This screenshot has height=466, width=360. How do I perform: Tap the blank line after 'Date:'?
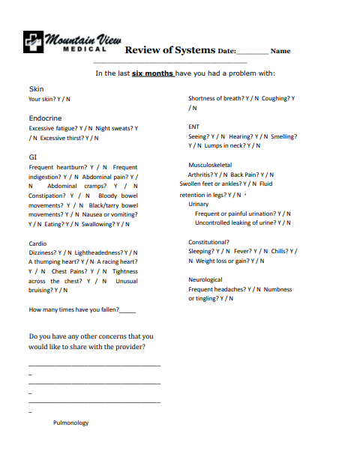251,52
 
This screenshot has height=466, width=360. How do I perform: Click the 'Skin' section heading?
35,88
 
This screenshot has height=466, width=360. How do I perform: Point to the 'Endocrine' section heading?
45,118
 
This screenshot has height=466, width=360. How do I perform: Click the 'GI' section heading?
32,157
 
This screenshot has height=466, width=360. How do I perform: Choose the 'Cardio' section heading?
37,243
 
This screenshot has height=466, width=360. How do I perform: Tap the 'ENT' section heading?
193,127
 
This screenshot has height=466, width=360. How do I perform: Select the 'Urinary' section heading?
199,204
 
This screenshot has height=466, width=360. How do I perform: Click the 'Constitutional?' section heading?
208,242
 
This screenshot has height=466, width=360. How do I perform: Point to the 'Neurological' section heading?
205,279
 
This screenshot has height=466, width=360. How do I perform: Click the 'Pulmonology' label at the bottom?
70,423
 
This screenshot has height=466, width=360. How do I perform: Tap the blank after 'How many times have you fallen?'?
127,309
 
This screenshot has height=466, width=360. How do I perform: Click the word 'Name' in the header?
280,51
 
